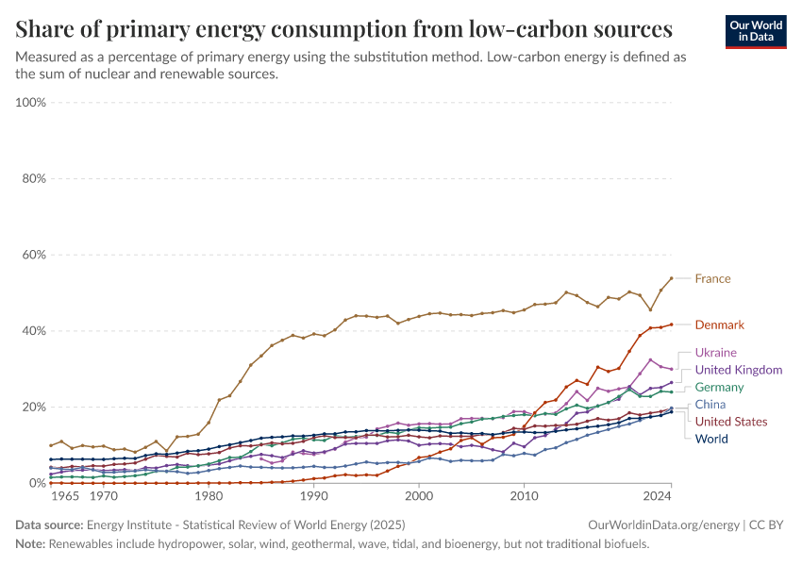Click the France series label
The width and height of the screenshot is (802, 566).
pyautogui.click(x=712, y=279)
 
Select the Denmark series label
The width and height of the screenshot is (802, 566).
pyautogui.click(x=719, y=325)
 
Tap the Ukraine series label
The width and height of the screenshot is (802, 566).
pyautogui.click(x=715, y=353)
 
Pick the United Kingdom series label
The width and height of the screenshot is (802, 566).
pyautogui.click(x=738, y=370)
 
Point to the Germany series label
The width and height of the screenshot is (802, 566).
pyautogui.click(x=719, y=388)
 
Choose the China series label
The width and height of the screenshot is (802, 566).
pyautogui.click(x=710, y=405)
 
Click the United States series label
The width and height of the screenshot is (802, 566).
pyautogui.click(x=730, y=422)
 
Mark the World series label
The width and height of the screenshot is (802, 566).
pyautogui.click(x=711, y=439)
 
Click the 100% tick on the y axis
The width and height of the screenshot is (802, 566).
pyautogui.click(x=31, y=102)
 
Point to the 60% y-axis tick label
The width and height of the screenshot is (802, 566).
pyautogui.click(x=34, y=255)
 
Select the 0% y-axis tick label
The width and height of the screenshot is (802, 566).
pyautogui.click(x=37, y=483)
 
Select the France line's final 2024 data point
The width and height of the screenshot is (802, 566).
pyautogui.click(x=671, y=278)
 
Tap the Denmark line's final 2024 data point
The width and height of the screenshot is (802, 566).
pyautogui.click(x=671, y=325)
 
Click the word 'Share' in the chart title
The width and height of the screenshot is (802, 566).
pyautogui.click(x=44, y=27)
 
